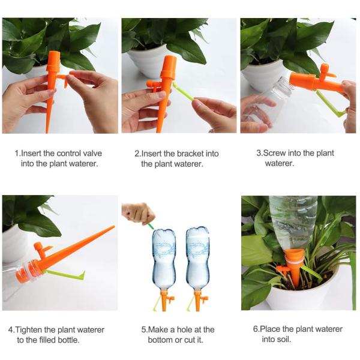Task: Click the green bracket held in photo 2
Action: (x=184, y=92)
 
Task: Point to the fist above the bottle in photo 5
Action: (x=139, y=213)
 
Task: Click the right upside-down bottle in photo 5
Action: (x=197, y=259)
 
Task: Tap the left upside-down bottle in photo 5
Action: (x=164, y=259)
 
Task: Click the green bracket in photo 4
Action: (x=65, y=275)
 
